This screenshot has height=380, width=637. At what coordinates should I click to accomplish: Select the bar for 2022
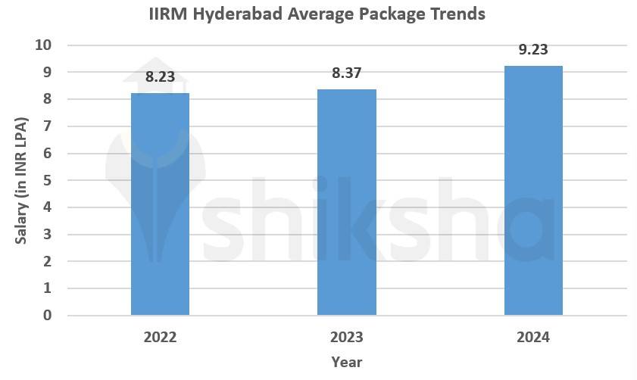tap(160, 204)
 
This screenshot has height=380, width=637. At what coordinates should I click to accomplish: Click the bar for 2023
tap(347, 202)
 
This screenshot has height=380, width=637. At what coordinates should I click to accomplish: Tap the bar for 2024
tap(533, 190)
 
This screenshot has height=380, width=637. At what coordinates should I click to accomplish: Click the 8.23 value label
tap(160, 76)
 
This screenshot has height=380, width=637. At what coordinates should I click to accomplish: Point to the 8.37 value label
tap(347, 73)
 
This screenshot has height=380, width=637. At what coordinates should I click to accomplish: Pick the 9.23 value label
tap(533, 50)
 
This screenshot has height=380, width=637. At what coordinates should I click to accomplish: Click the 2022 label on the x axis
tap(160, 337)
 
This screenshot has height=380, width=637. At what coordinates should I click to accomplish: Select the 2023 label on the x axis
tap(347, 337)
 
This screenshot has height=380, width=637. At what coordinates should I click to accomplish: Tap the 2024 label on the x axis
tap(533, 337)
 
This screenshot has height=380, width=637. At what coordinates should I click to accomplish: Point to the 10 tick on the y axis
tap(43, 45)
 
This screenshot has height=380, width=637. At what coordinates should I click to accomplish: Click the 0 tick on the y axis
tap(47, 316)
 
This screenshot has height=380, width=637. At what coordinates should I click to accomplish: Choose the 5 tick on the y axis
tap(47, 180)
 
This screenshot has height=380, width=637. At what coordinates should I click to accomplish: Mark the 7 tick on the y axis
tap(47, 126)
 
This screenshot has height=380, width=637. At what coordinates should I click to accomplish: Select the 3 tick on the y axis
tap(47, 235)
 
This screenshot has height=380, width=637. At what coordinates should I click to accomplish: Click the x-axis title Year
tap(346, 362)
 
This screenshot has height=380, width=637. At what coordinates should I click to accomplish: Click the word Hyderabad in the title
tap(236, 14)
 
